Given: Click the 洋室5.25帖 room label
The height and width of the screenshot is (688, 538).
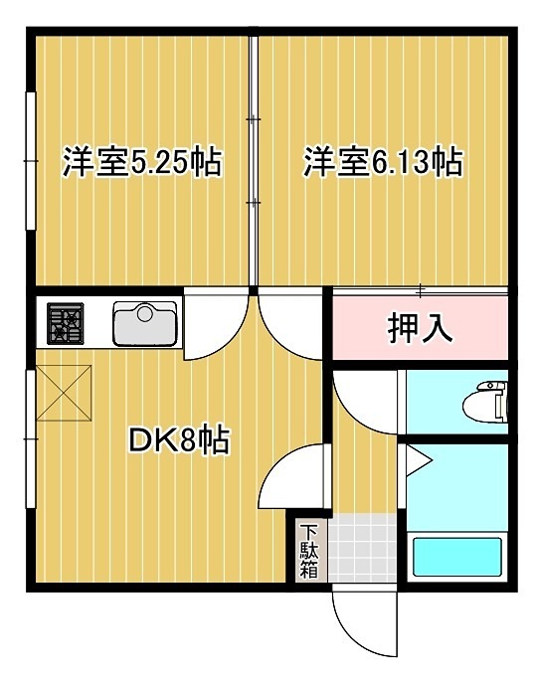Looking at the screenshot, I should (x=141, y=161).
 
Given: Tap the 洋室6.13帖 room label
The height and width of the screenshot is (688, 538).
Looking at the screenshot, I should (x=383, y=161).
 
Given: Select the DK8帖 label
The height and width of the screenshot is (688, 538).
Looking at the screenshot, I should (x=180, y=438).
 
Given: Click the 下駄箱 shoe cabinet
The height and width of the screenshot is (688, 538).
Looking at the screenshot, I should (x=308, y=552).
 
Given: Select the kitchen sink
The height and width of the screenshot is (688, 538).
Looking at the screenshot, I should (x=145, y=323).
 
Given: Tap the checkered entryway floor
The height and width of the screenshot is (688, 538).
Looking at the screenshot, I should (x=363, y=550).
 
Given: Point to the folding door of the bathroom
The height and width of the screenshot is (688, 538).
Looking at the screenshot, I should (x=416, y=460).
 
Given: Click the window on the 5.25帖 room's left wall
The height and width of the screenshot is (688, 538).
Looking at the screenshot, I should (x=29, y=159).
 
